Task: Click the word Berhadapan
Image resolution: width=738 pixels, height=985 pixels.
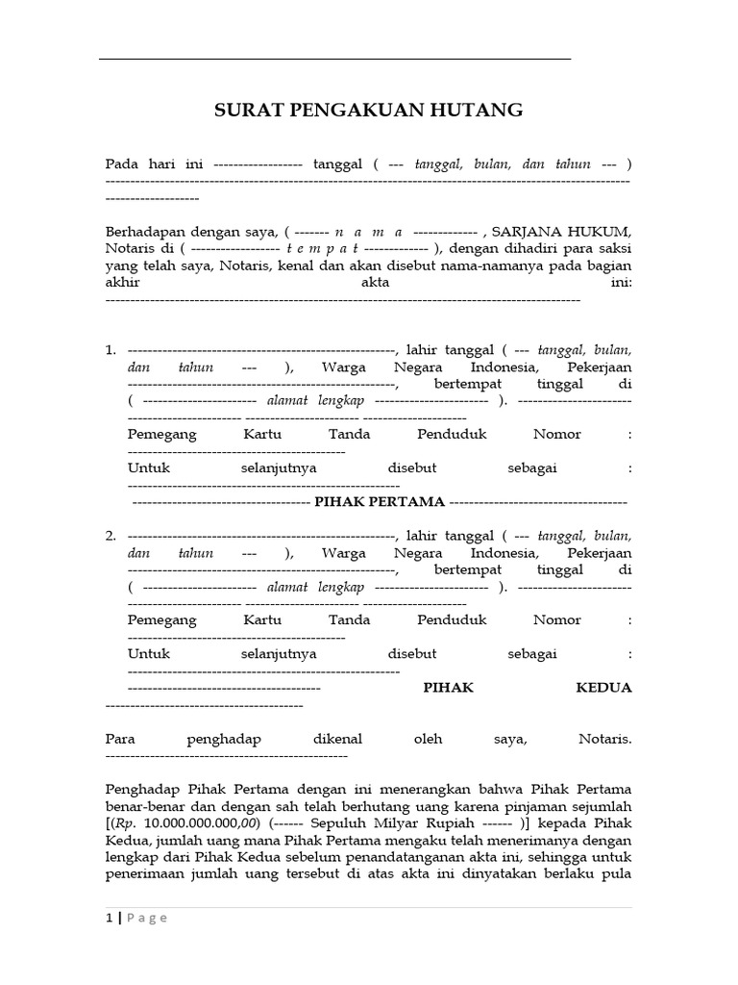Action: [145, 232]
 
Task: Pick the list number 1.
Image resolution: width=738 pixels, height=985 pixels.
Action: [111, 349]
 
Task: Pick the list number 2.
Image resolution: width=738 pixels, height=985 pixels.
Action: [111, 536]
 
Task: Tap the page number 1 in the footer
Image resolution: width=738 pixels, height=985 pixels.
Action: [110, 918]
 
